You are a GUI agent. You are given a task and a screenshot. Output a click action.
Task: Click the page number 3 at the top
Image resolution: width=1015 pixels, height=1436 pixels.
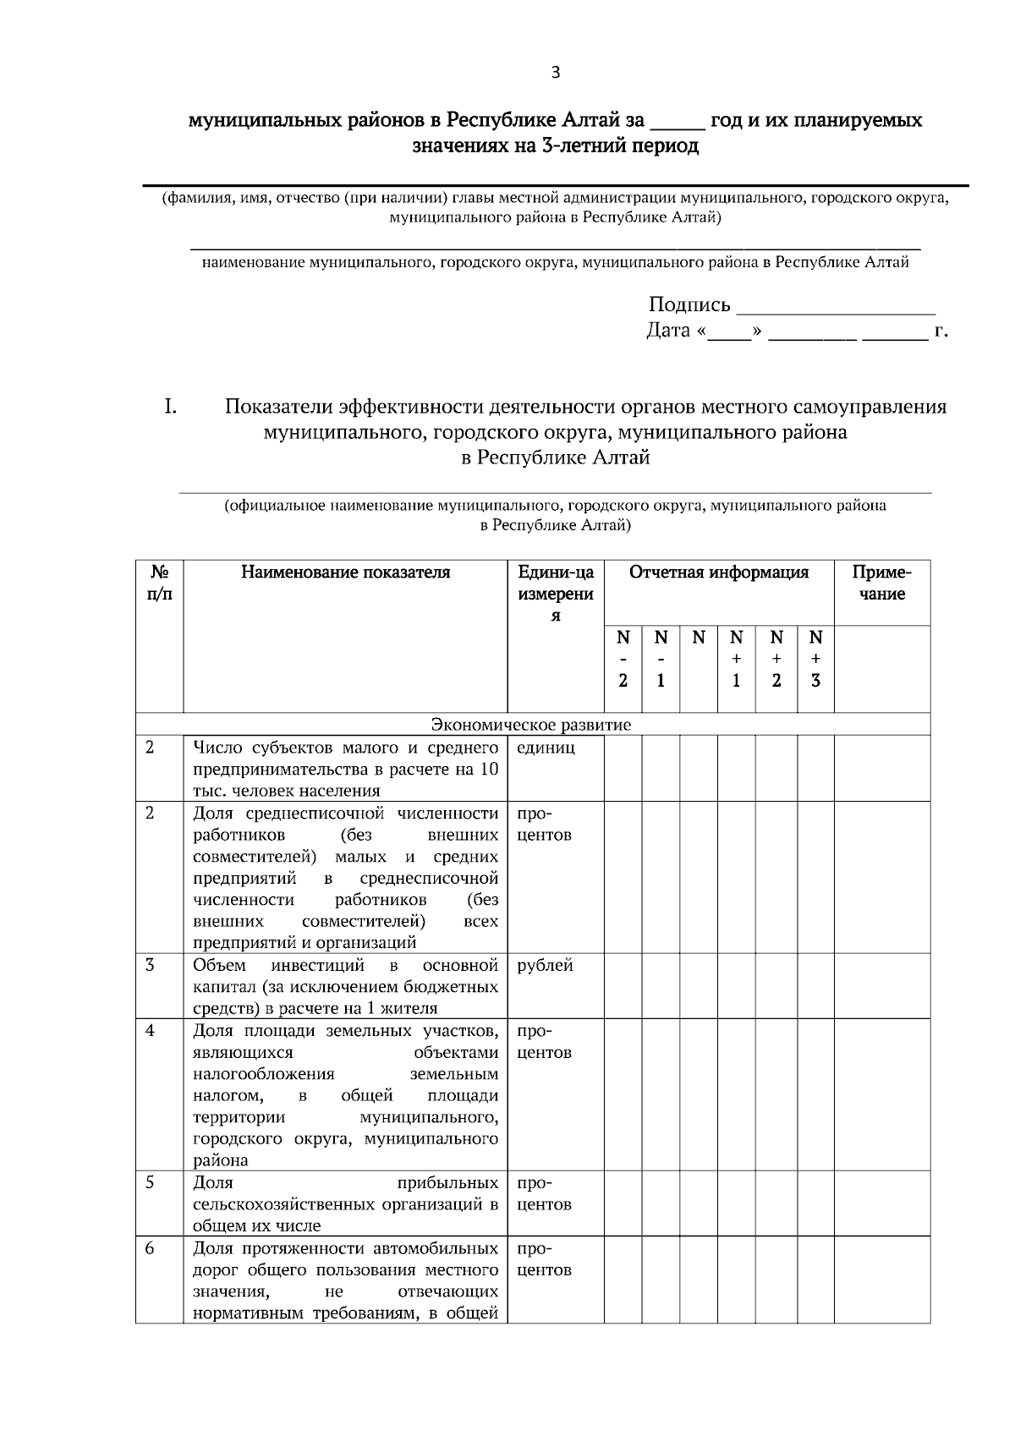pos(555,73)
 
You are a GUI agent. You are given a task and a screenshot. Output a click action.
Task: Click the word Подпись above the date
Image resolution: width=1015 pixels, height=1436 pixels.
pos(689,304)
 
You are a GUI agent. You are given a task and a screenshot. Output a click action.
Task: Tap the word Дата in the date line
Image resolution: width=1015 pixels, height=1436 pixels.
pos(668,331)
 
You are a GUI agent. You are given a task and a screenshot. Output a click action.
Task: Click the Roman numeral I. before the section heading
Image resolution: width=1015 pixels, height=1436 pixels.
pos(170,407)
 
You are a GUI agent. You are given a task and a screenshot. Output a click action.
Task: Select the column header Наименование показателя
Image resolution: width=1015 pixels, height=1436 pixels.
pos(345,573)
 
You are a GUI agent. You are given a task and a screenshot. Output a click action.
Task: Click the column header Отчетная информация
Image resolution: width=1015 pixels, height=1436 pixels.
pos(718,573)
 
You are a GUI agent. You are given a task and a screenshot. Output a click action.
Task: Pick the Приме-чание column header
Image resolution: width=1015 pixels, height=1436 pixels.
pos(881,583)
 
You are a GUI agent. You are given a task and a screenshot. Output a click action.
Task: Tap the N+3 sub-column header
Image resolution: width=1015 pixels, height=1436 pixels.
pos(815,659)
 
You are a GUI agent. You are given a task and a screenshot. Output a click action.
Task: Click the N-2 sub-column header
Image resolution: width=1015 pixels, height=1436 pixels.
pos(623,659)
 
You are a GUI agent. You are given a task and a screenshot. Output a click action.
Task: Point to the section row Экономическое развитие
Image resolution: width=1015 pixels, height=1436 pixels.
pos(531,725)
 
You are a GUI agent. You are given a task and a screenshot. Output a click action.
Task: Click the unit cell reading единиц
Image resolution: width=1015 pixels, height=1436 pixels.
pos(546,748)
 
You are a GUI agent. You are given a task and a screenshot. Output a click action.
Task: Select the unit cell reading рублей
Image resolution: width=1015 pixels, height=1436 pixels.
pos(545,965)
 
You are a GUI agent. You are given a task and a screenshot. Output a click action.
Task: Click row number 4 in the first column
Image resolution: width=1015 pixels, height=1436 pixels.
pos(150,1031)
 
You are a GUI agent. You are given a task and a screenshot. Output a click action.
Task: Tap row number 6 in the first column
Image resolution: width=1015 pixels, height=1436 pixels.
pos(150,1248)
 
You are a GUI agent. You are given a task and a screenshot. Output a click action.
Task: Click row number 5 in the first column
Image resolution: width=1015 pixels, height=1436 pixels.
pos(150,1182)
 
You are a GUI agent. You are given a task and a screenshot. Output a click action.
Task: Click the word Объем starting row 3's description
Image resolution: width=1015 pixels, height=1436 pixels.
pos(219,965)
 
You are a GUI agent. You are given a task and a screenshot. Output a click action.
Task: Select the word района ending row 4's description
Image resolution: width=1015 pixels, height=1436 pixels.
pos(221,1160)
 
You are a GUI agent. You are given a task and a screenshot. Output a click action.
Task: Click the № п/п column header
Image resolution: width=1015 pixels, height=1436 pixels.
pos(159,583)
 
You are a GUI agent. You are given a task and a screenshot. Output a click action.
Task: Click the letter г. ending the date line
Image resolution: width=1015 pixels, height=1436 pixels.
pos(941,331)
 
